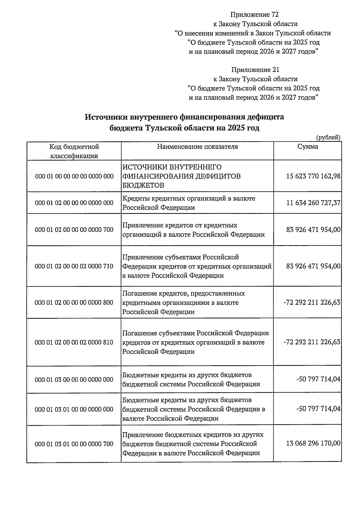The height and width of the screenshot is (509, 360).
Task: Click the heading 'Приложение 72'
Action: [255, 14]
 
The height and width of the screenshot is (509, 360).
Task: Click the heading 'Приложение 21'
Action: [255, 70]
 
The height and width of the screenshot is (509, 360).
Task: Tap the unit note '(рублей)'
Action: [328, 137]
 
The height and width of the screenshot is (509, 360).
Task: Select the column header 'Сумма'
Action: [308, 146]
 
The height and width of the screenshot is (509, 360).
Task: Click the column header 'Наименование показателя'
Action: [197, 146]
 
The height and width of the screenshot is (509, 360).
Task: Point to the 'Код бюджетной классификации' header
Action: [74, 151]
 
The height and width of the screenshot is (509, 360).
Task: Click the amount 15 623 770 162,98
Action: [313, 176]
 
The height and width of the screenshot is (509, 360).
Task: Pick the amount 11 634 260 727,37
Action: [313, 203]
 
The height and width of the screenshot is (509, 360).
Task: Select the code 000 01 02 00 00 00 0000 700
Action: [74, 230]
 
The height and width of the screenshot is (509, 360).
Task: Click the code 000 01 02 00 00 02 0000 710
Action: [74, 266]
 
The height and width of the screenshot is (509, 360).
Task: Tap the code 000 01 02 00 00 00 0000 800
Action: [74, 303]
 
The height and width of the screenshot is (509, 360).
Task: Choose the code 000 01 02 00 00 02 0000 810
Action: [74, 342]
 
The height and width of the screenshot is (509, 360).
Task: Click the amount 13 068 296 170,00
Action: [313, 443]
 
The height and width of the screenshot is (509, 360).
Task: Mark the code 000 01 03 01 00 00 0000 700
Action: [74, 444]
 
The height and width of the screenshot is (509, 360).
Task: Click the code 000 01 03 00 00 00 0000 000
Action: [74, 380]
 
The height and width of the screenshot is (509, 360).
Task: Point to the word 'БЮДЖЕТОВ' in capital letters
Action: [143, 185]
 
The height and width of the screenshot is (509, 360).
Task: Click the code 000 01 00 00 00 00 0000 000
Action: [74, 176]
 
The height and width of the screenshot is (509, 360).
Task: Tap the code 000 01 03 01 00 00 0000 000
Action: [74, 409]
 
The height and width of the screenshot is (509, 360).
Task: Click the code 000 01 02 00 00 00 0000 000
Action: [74, 203]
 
